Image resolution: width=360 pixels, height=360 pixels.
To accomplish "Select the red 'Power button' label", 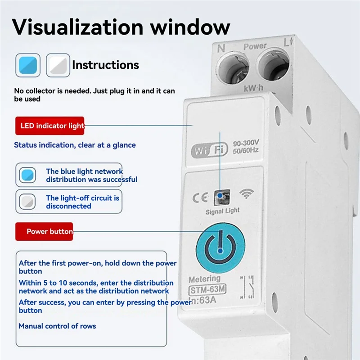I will point(44,231).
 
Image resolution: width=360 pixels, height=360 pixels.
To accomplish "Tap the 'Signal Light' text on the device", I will point(222,211).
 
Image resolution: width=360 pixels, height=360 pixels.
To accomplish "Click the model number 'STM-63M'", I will point(207,290).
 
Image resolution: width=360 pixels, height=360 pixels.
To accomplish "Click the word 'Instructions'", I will point(105,65).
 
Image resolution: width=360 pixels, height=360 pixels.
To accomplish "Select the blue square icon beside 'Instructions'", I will point(27,65).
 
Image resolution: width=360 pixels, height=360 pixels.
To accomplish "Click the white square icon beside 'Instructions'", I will point(58,65).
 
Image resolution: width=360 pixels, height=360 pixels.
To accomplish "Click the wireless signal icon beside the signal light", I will point(246,193).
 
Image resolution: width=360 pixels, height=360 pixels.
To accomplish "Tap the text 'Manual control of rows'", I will point(57,326).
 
